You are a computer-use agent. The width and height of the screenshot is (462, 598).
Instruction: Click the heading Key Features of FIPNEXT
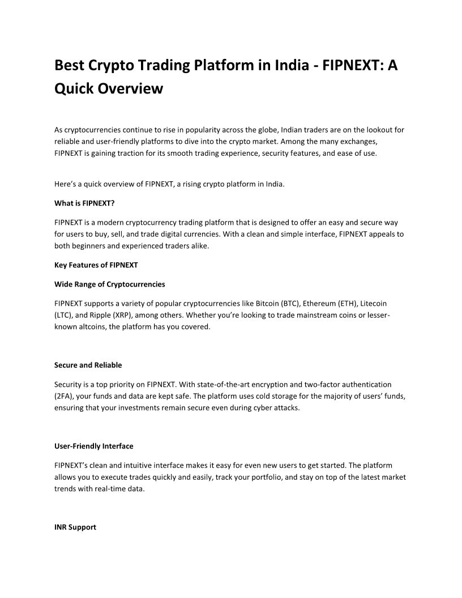pyautogui.click(x=96, y=265)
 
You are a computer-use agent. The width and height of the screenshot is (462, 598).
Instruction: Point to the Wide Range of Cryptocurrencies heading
pyautogui.click(x=110, y=284)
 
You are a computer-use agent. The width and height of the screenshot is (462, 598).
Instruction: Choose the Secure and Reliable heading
pyautogui.click(x=88, y=365)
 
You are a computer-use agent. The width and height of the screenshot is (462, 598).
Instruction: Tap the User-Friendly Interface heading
pyautogui.click(x=93, y=446)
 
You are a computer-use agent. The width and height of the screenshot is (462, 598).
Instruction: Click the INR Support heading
pyautogui.click(x=75, y=527)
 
